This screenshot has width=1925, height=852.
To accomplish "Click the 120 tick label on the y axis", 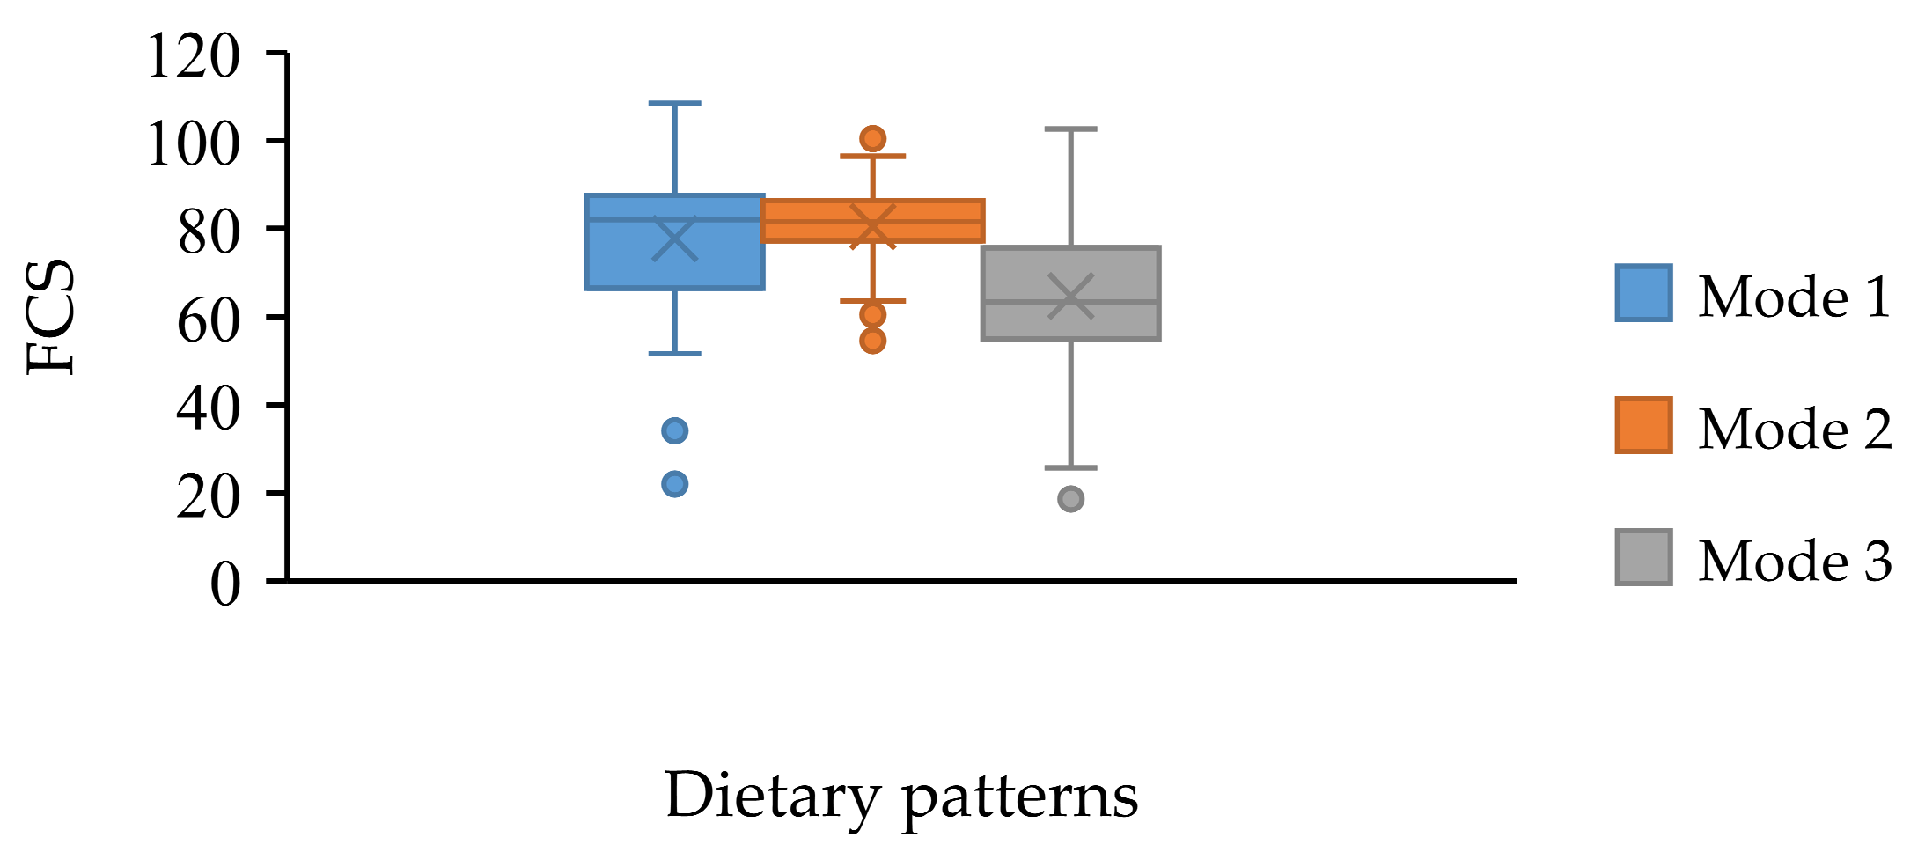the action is pyautogui.click(x=193, y=56).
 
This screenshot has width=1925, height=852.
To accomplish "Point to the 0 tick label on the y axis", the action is pyautogui.click(x=225, y=584).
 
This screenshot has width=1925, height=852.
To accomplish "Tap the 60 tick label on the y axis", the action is pyautogui.click(x=209, y=320).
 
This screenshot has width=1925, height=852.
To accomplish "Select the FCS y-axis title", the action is pyautogui.click(x=51, y=317).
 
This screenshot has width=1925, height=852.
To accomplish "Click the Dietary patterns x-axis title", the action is pyautogui.click(x=900, y=796).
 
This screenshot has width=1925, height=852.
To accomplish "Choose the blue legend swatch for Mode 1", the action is pyautogui.click(x=1642, y=293).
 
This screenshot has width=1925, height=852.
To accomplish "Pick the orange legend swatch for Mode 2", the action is pyautogui.click(x=1642, y=425).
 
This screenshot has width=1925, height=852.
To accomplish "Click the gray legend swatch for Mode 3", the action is pyautogui.click(x=1642, y=557).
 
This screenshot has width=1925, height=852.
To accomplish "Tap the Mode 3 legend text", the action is pyautogui.click(x=1795, y=561).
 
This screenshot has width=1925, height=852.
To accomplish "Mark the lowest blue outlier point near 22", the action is pyautogui.click(x=674, y=484).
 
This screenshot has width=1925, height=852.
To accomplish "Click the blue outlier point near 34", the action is pyautogui.click(x=674, y=430).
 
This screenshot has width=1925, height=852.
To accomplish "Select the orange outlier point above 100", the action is pyautogui.click(x=872, y=138).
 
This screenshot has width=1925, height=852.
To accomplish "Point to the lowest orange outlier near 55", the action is pyautogui.click(x=872, y=341).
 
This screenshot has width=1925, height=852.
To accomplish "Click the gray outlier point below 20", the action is pyautogui.click(x=1070, y=499).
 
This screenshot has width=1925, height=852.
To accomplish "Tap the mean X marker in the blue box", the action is pyautogui.click(x=674, y=239).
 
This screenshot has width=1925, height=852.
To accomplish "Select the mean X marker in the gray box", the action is pyautogui.click(x=1070, y=297).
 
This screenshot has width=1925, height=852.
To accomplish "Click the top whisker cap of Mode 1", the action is pyautogui.click(x=674, y=104).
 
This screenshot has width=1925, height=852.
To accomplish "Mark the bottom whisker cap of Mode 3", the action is pyautogui.click(x=1070, y=467).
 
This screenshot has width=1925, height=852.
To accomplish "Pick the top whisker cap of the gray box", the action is pyautogui.click(x=1070, y=129).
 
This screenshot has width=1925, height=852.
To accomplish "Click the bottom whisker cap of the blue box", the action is pyautogui.click(x=674, y=354).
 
